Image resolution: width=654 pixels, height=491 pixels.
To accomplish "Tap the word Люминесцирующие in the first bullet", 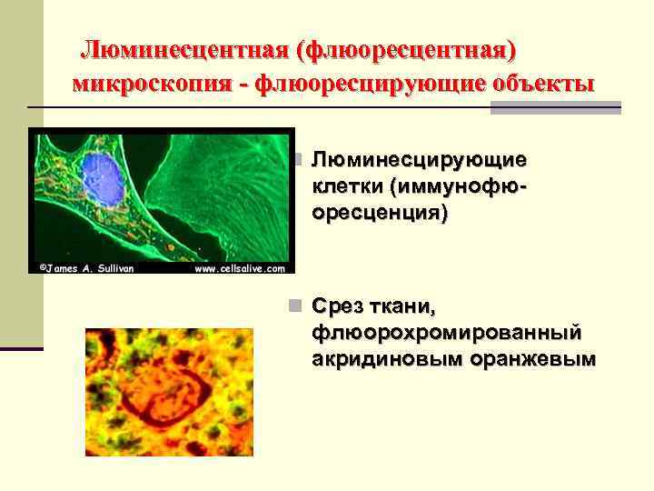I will pyautogui.click(x=419, y=161).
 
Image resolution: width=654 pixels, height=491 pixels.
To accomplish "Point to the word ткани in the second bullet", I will pyautogui.click(x=409, y=306).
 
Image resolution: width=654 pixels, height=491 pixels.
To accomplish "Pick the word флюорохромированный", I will pyautogui.click(x=447, y=332).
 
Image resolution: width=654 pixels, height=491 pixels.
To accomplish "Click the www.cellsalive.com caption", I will pyautogui.click(x=239, y=268).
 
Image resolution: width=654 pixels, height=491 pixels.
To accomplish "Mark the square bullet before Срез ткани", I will pyautogui.click(x=292, y=306).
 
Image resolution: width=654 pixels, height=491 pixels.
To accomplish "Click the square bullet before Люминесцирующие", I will pyautogui.click(x=292, y=161).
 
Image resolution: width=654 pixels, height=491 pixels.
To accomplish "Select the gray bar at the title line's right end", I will pyautogui.click(x=555, y=107).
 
